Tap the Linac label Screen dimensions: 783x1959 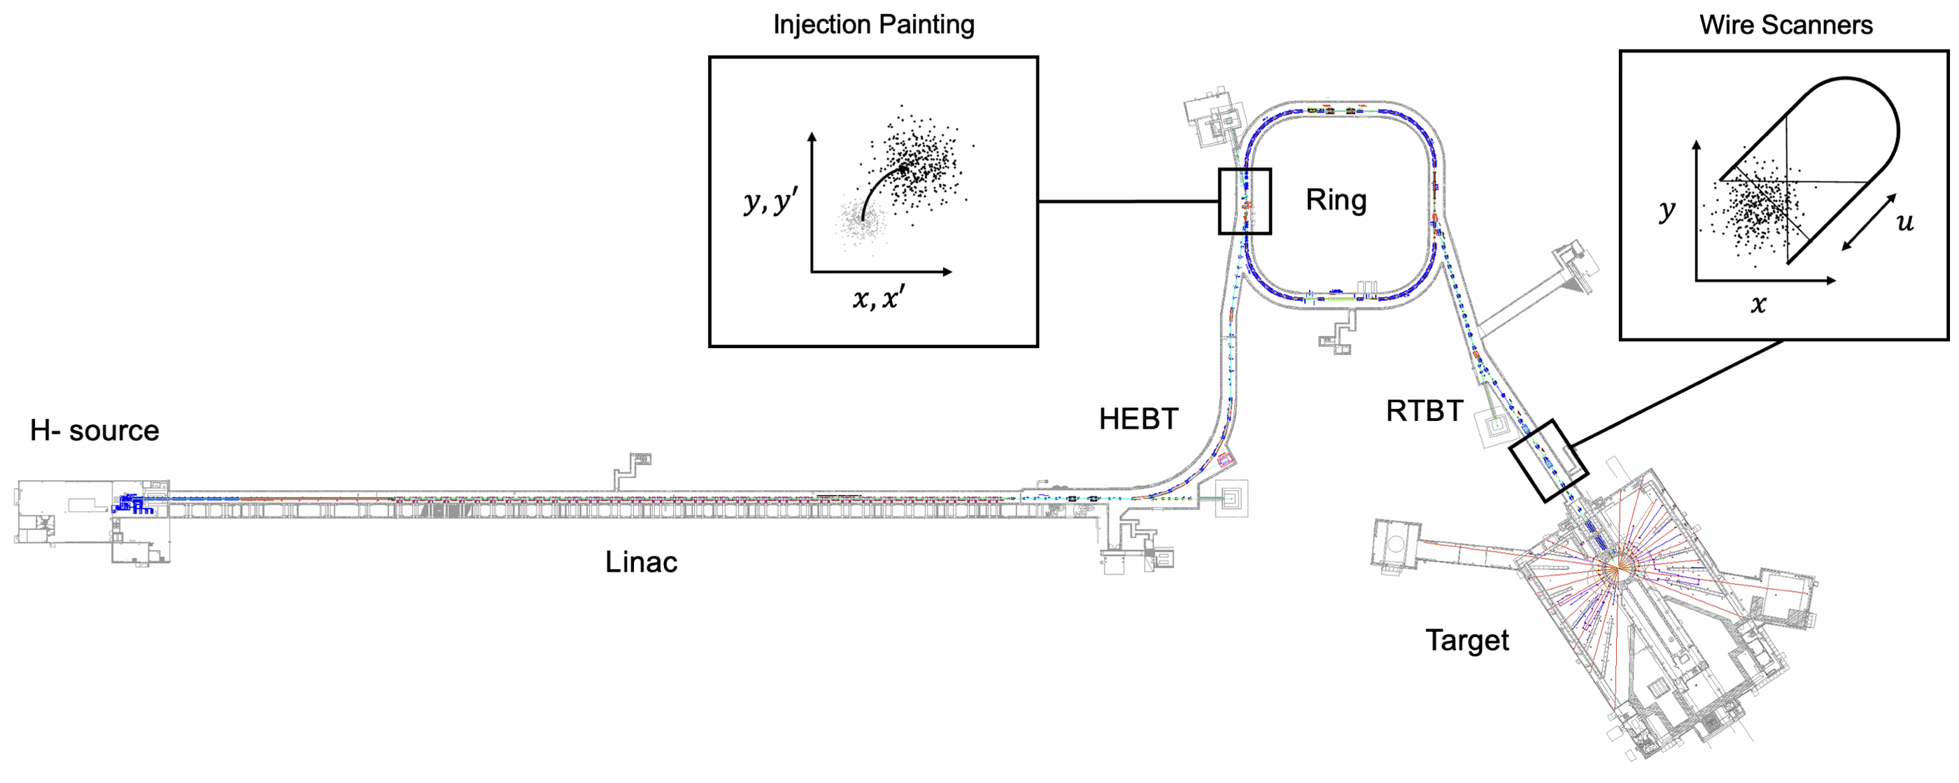pos(641,563)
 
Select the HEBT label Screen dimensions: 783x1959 pos(1138,419)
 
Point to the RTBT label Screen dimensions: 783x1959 pos(1424,411)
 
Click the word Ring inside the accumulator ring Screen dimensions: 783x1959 pos(1336,200)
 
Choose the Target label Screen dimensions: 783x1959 pos(1466,641)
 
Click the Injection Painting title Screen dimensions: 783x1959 pos(874,24)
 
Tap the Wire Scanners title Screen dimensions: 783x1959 pos(1785,25)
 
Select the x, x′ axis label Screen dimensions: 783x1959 pos(878,298)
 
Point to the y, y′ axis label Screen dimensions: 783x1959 pos(770,201)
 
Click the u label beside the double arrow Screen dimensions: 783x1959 pos(1904,222)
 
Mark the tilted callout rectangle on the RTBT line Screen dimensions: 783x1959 pos(1548,461)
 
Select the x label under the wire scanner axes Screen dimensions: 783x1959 pos(1758,305)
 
